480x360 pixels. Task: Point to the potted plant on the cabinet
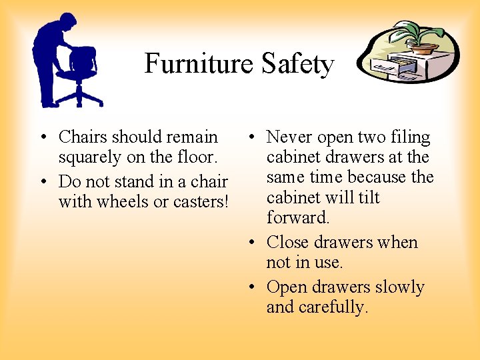point(417,37)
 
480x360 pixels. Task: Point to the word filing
point(410,137)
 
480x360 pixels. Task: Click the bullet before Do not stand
point(42,181)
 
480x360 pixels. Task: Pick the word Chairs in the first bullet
point(83,137)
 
